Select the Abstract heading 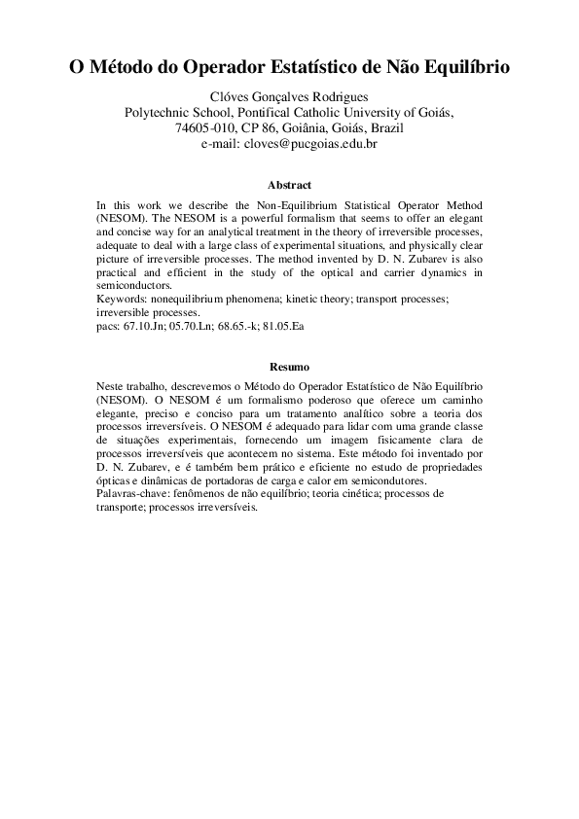tap(289, 185)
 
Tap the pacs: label tap(110, 327)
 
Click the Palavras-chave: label tap(131, 493)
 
